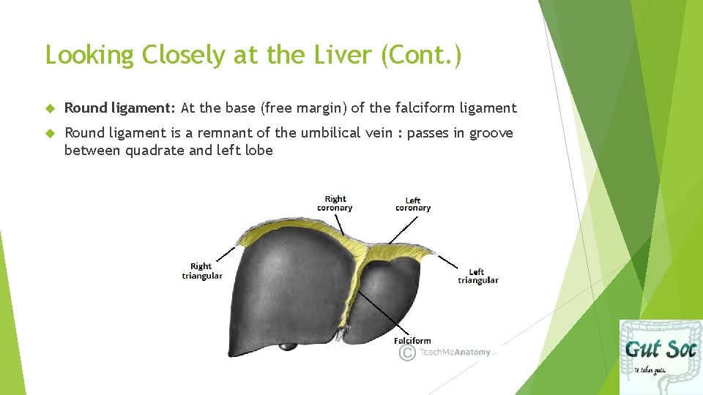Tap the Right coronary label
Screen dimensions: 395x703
[x=335, y=203]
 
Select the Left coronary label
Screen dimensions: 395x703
[x=413, y=204]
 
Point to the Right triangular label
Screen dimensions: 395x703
[x=201, y=271]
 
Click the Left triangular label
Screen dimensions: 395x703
[x=477, y=276]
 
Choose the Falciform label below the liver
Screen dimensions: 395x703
[x=412, y=340]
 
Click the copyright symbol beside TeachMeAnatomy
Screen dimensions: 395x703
[x=406, y=353]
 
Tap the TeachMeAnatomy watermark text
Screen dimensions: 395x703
[x=455, y=353]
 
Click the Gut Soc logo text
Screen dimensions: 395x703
[x=660, y=347]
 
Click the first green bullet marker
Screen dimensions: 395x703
[x=51, y=109]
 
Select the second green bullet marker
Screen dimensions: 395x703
[x=51, y=134]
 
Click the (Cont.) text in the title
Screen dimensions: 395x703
[x=421, y=56]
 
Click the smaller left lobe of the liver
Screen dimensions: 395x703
[x=393, y=293]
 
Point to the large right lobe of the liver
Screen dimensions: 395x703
[x=289, y=285]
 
